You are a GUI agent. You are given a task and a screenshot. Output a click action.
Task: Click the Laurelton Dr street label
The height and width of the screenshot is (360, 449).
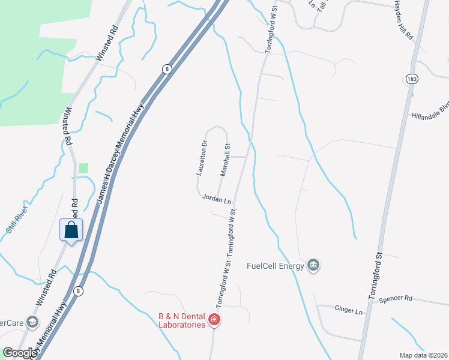202,158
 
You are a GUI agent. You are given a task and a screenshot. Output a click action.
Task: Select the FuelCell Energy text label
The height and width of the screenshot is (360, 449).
275,265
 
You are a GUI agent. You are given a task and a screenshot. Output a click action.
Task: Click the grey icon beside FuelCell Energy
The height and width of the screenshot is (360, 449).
313,265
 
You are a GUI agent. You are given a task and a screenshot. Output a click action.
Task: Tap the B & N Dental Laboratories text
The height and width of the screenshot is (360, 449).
181,320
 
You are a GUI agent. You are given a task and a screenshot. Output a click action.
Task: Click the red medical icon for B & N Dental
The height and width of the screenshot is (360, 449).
214,320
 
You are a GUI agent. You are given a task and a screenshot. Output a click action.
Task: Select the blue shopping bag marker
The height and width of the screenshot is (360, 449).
71,230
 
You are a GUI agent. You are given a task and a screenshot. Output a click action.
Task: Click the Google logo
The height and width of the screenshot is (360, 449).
20,353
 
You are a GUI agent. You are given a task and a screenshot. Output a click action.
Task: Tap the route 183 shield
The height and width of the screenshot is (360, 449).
412,79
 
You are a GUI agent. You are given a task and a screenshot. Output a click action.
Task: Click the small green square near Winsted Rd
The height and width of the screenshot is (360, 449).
83,169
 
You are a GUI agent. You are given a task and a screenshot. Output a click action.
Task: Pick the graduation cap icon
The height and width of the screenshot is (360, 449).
32,323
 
